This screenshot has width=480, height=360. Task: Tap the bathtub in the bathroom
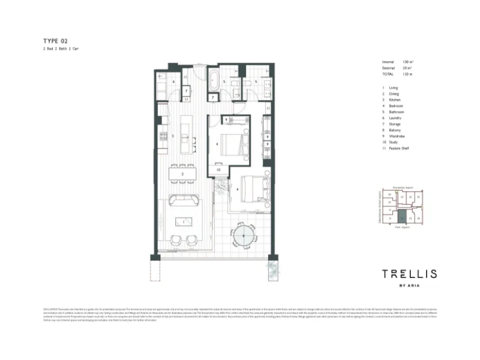tap(214, 79)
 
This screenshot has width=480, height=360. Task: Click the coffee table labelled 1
tap(182, 221)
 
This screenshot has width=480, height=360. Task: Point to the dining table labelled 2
tap(182, 174)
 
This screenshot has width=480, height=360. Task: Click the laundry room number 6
tap(173, 82)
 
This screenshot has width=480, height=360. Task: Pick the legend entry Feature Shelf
tap(398, 148)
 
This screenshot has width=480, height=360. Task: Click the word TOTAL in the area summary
tap(388, 74)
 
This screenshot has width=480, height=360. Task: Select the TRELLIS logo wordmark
tap(410, 274)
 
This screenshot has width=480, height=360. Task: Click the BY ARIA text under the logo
tap(410, 286)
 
